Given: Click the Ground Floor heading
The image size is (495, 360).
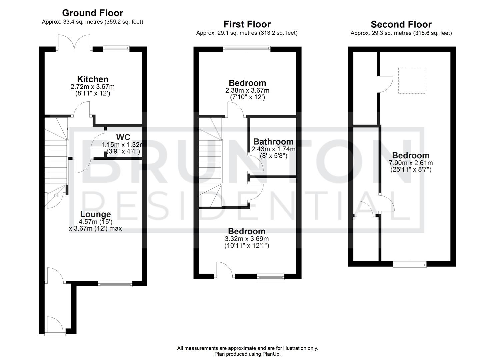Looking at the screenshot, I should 93,13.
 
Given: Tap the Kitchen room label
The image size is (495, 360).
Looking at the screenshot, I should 93,79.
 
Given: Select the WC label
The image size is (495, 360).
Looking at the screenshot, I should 123,137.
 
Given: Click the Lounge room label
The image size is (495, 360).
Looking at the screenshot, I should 95,214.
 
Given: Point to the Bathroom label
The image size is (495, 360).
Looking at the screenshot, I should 273,142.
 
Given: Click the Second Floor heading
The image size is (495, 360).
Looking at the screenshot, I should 401,24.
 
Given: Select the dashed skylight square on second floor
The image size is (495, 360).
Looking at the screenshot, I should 412,80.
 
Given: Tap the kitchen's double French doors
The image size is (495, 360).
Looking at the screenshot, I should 74,43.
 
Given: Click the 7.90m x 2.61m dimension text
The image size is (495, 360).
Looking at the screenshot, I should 411,163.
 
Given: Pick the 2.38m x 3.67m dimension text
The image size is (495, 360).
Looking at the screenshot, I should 247,90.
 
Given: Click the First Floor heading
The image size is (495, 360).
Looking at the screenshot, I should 247,24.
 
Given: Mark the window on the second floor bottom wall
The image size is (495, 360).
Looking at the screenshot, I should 410,264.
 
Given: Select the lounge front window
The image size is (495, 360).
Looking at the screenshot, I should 115,284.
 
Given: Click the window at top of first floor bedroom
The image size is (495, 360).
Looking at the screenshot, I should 247,49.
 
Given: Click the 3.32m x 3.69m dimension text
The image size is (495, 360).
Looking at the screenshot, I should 247,239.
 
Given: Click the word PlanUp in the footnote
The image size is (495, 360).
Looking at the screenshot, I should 272,354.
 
